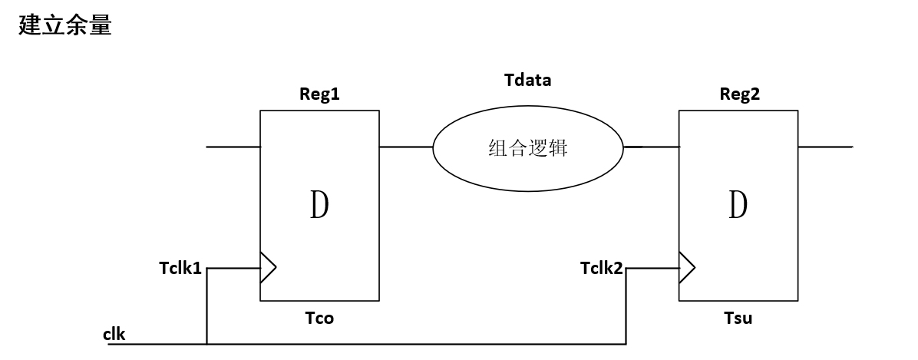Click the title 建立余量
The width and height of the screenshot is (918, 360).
click(x=65, y=25)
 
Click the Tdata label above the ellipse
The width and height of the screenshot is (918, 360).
click(x=527, y=79)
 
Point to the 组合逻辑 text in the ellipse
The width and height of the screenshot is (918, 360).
click(x=527, y=148)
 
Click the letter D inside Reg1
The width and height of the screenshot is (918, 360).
click(x=319, y=205)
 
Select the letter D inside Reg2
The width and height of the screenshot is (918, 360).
click(x=738, y=205)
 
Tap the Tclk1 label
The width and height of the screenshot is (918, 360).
click(x=180, y=268)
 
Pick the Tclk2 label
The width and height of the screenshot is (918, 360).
click(x=601, y=268)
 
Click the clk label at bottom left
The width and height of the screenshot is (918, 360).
click(x=114, y=334)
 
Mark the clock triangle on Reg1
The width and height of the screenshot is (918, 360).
click(x=268, y=268)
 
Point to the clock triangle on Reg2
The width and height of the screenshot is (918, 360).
click(x=687, y=268)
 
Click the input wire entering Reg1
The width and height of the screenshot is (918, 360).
click(x=233, y=146)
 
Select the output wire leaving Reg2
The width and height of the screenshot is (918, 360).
click(x=824, y=146)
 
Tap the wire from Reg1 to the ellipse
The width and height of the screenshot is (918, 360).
click(x=405, y=146)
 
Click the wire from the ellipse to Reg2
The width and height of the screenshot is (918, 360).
click(x=651, y=146)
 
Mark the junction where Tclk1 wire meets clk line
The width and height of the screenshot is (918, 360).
click(x=206, y=343)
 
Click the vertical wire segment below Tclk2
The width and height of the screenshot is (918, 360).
click(x=627, y=307)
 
